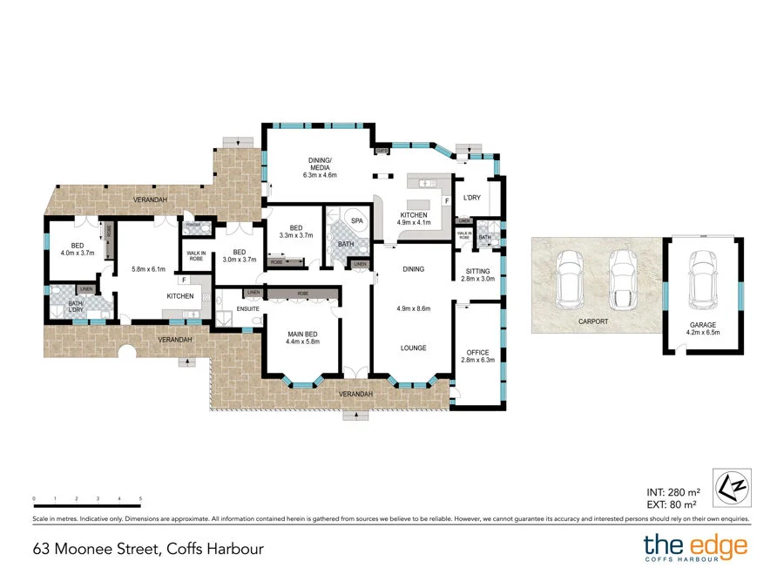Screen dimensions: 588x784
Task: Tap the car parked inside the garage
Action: [702, 279]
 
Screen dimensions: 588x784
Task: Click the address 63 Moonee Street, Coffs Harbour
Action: [148, 549]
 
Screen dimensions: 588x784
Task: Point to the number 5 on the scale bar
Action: [140, 498]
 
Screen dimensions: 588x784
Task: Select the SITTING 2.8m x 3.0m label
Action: [477, 275]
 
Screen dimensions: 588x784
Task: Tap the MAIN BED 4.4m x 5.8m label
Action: [303, 337]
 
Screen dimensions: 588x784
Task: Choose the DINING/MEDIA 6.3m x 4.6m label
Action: [319, 168]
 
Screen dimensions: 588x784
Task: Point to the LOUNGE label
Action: [413, 348]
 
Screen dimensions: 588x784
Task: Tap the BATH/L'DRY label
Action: [62, 307]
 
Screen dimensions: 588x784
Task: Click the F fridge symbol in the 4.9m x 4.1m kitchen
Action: [447, 201]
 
